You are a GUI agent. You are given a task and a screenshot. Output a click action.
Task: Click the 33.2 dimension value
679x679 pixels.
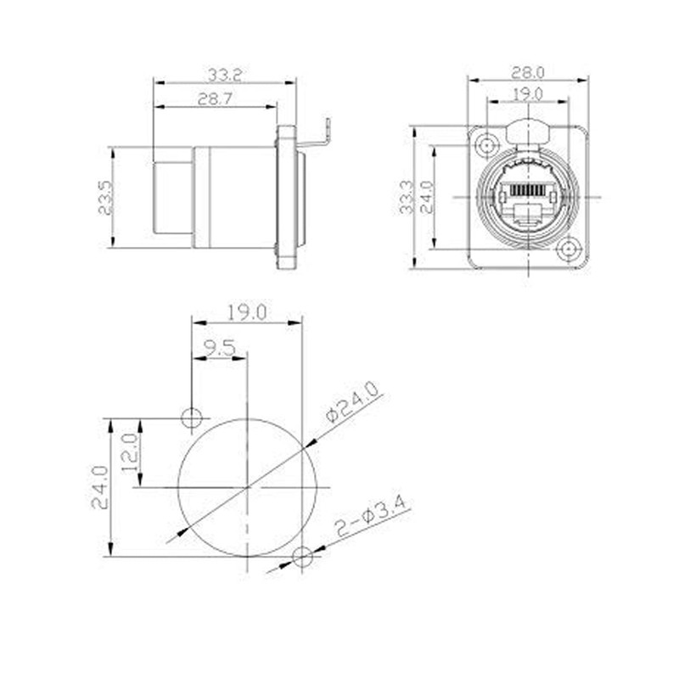coord(224,75)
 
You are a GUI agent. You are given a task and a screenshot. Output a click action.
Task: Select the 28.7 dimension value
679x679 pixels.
coord(216,99)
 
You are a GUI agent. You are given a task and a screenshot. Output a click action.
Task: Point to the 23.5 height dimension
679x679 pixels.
coord(105,198)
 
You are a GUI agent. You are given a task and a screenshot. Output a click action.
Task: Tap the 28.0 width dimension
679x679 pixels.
coord(527,72)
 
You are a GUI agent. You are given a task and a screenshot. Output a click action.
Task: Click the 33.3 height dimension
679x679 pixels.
coord(407,197)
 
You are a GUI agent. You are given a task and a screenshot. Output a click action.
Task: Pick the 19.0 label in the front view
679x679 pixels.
coord(527,93)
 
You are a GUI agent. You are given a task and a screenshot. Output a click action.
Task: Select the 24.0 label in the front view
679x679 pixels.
coord(427,197)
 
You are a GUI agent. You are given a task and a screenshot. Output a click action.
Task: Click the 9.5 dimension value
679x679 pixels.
coord(220,347)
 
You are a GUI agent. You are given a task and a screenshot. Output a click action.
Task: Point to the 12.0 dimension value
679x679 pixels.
coord(131,453)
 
